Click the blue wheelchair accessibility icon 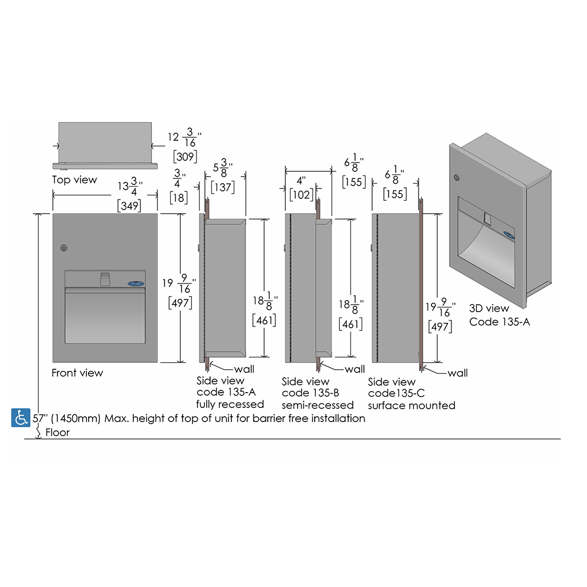click(21, 417)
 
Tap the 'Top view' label click(75, 180)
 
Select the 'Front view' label click(77, 373)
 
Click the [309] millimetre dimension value click(185, 156)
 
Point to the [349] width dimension click(129, 205)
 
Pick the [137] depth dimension click(222, 187)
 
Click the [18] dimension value click(178, 197)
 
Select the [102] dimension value click(301, 195)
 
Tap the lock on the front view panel click(64, 248)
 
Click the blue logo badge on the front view click(136, 284)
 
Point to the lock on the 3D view click(457, 177)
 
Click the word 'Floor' click(58, 433)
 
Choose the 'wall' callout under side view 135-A click(244, 369)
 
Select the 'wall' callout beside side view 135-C click(457, 373)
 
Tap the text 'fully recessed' click(230, 404)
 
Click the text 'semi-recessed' click(318, 405)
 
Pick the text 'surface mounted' click(411, 406)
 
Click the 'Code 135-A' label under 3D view click(500, 322)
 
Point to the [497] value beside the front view click(180, 302)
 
